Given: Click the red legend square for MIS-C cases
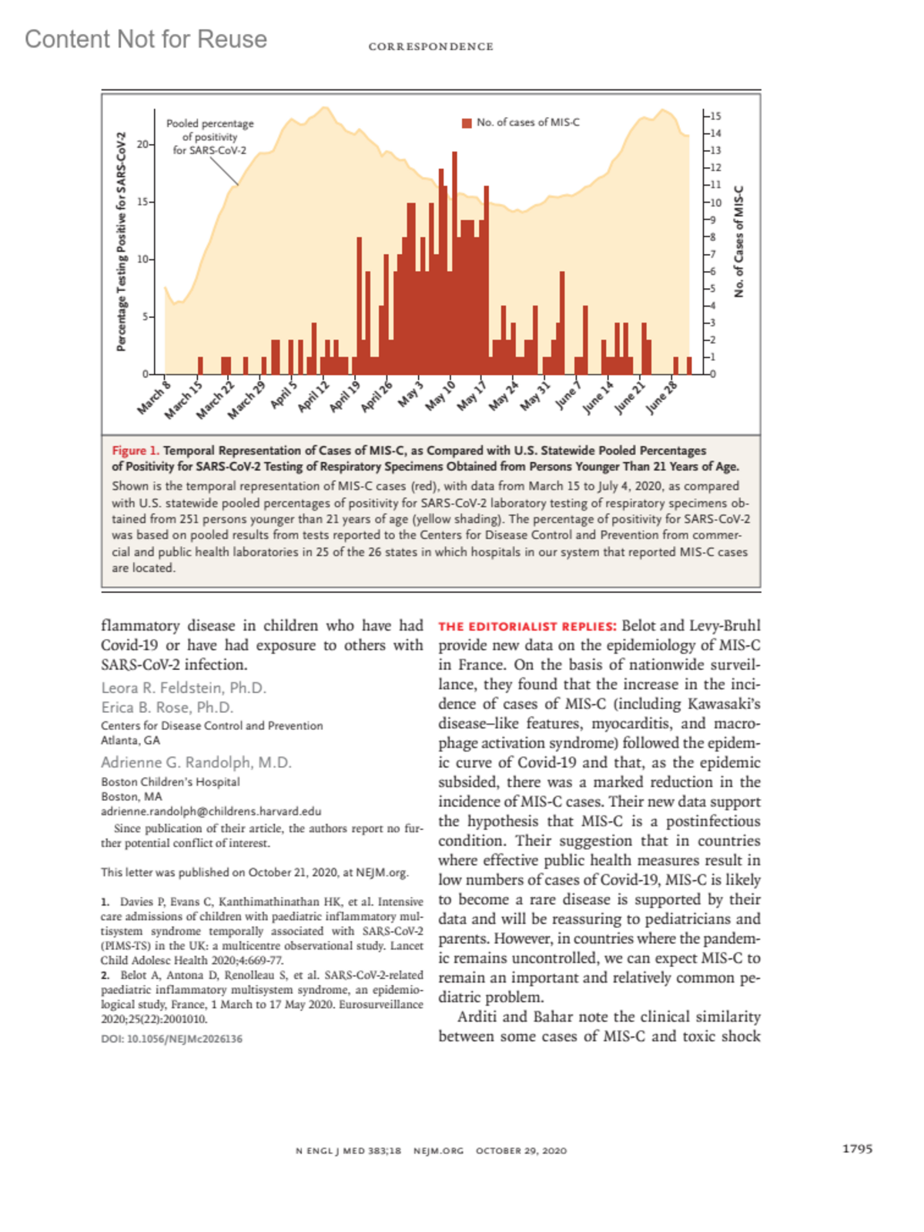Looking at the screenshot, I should pyautogui.click(x=467, y=123).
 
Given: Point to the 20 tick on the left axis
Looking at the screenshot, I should pyautogui.click(x=143, y=144).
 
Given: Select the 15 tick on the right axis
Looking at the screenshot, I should pyautogui.click(x=715, y=116).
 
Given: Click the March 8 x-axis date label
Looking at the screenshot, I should pyautogui.click(x=154, y=397).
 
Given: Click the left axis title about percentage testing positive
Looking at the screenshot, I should pyautogui.click(x=122, y=242).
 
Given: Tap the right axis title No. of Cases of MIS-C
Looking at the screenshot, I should pyautogui.click(x=739, y=242).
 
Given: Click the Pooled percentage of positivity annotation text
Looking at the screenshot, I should pyautogui.click(x=209, y=136).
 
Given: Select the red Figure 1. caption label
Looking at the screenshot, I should pyautogui.click(x=136, y=450).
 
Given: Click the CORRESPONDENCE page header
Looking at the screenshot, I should pyautogui.click(x=430, y=47).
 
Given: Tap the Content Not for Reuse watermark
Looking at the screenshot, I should pyautogui.click(x=146, y=39).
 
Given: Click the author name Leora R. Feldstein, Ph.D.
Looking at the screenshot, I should pyautogui.click(x=183, y=688).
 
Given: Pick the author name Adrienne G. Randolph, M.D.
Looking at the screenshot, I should pyautogui.click(x=196, y=762).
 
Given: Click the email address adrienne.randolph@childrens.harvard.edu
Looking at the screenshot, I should pyautogui.click(x=211, y=811).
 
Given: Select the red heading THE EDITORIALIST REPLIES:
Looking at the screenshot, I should pyautogui.click(x=527, y=627).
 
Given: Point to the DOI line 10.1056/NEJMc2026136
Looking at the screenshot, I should pyautogui.click(x=171, y=1039).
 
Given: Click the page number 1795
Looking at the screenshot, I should pyautogui.click(x=857, y=1149).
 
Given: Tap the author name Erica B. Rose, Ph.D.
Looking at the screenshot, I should pyautogui.click(x=166, y=707).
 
